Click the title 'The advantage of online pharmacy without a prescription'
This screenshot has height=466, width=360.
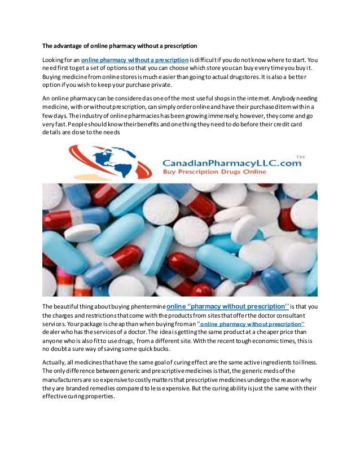pos(120,46)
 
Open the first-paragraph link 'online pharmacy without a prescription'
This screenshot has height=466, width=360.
pos(135,59)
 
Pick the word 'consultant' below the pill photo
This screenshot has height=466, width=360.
pos(300,316)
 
